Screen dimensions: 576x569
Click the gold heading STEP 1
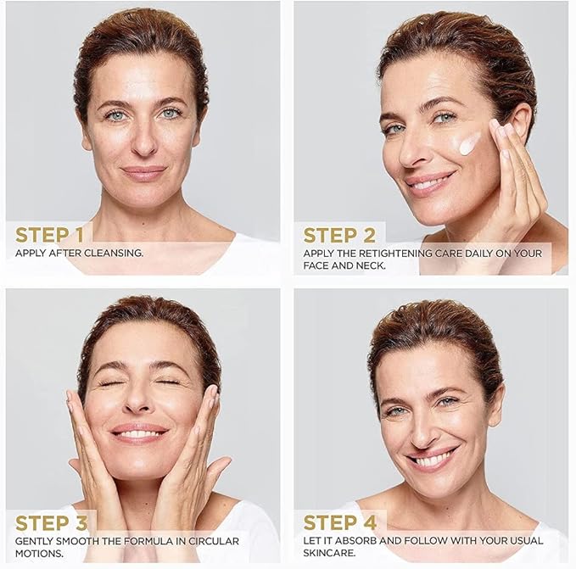(49, 235)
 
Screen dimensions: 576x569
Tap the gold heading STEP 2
(339, 235)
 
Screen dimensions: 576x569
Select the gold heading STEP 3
(52, 522)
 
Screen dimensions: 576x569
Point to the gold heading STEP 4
(340, 522)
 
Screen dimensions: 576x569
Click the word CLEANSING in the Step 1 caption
(114, 253)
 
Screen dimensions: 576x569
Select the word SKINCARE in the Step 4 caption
(329, 553)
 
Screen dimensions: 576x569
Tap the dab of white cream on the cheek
(469, 142)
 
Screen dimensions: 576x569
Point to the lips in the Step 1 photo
(143, 172)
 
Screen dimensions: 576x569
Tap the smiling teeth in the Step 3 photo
(139, 434)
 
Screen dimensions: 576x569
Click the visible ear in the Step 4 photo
(497, 404)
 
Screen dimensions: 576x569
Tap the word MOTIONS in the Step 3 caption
(39, 553)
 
